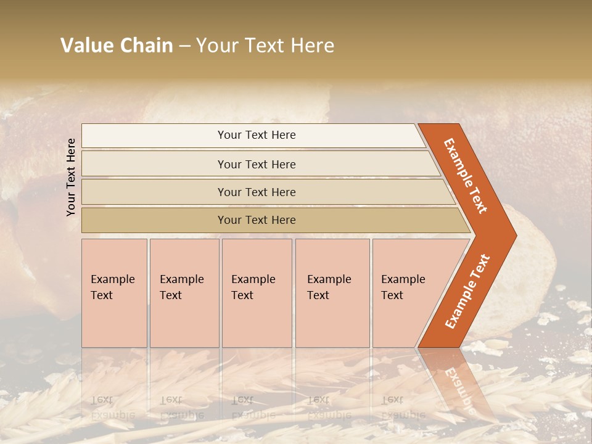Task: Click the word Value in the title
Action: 87,46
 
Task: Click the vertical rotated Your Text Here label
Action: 71,177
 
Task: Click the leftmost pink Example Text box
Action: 114,293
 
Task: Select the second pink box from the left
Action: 184,293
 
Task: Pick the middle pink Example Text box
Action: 257,293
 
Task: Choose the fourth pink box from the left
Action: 332,293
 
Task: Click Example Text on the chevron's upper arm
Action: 466,176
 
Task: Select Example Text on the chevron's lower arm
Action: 467,291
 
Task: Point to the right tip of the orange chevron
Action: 516,236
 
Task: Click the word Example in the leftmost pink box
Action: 112,279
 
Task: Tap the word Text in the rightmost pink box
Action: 392,295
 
